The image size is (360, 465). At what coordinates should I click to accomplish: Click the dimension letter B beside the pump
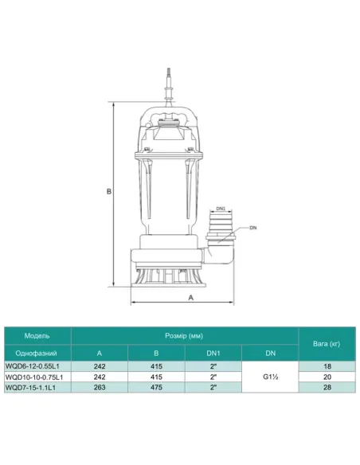tap(109, 191)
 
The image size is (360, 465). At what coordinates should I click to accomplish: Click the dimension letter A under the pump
tap(191, 296)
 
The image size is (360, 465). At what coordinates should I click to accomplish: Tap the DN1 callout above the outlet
tap(221, 209)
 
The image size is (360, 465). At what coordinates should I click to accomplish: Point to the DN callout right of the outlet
tap(252, 229)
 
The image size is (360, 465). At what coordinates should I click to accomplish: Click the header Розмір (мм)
tap(184, 335)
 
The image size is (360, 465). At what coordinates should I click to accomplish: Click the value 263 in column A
tap(100, 387)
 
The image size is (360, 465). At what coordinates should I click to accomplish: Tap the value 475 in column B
tap(155, 387)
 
